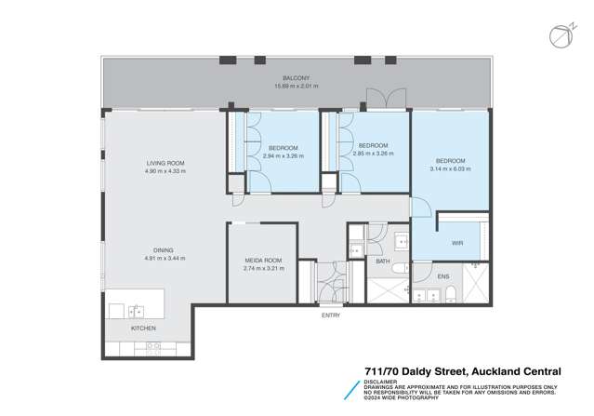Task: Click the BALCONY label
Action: coord(296,78)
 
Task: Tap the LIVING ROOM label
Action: coord(165,163)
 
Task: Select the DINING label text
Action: coord(165,249)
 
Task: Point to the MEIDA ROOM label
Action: coord(262,261)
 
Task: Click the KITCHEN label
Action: coord(143,329)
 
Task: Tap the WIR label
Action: coord(457,243)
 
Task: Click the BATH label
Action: coord(382,262)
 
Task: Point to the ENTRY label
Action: coord(331,315)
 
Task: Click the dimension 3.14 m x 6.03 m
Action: coord(450,168)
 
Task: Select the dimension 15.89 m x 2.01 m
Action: coord(296,86)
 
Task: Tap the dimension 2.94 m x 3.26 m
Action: coord(284,155)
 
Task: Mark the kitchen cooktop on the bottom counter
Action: coord(151,346)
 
